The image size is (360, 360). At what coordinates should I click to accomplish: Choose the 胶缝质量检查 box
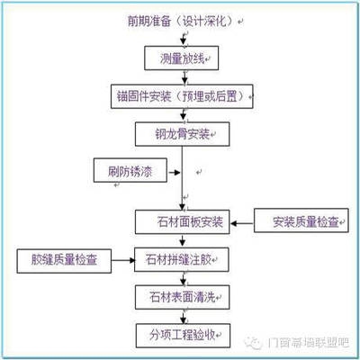pyautogui.click(x=64, y=261)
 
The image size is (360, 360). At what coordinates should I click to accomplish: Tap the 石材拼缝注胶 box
pyautogui.click(x=184, y=261)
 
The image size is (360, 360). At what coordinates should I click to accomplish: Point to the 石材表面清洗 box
pyautogui.click(x=184, y=296)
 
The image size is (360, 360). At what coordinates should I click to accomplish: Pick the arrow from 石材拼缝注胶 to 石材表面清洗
pyautogui.click(x=183, y=279)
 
